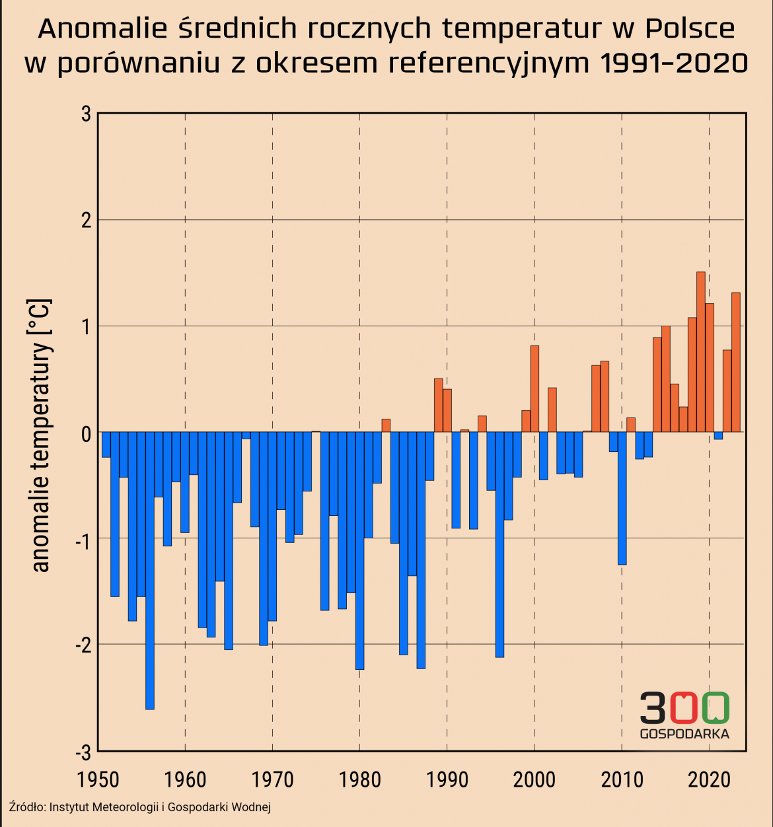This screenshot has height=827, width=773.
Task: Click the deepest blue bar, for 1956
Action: point(150,571)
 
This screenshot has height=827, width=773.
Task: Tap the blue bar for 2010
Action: point(622,498)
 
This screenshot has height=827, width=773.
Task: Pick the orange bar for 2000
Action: point(534,389)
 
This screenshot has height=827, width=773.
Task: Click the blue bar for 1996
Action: point(499,545)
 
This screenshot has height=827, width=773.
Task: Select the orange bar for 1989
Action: point(438,405)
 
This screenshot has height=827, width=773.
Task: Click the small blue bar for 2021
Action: point(718,436)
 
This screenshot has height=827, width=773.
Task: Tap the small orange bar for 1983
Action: point(386,425)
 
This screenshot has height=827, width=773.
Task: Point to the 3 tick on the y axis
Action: point(87,114)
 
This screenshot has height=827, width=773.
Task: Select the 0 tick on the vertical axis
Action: point(87,433)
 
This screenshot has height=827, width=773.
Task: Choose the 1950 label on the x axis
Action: point(98,780)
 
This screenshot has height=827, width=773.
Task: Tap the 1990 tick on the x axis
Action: point(447,780)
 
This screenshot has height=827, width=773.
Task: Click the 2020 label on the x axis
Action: point(709,780)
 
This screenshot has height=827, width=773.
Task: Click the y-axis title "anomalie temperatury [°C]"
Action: point(40,436)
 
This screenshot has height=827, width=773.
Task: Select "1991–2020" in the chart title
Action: point(674,63)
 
